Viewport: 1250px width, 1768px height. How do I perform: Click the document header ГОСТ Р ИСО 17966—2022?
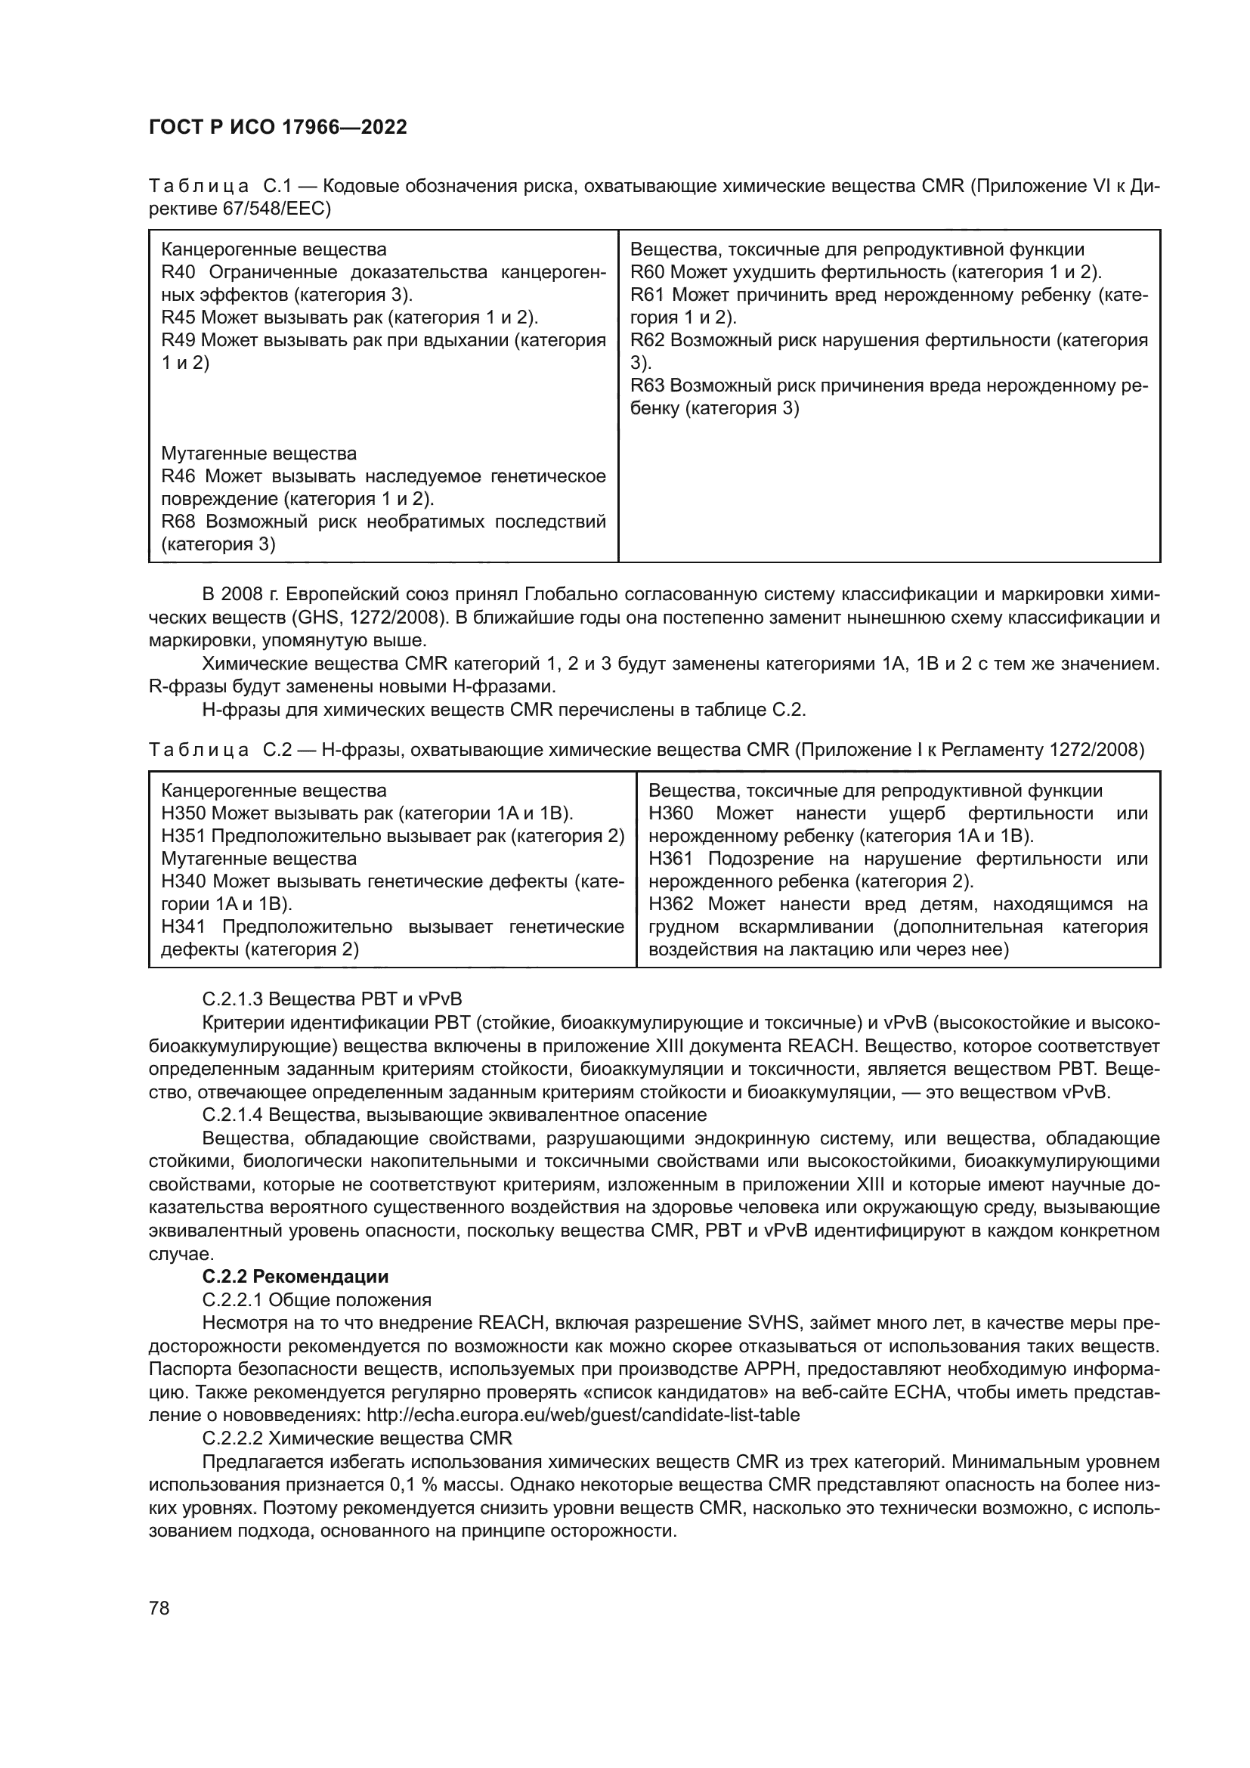(277, 128)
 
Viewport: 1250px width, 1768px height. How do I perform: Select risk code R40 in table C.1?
(178, 273)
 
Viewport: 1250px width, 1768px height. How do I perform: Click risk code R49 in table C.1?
(178, 340)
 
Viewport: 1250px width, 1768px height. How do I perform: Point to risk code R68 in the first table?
(178, 522)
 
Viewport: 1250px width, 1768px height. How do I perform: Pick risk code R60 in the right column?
(648, 273)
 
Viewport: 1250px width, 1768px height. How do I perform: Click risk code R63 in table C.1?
(648, 385)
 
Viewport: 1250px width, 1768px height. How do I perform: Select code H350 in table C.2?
(184, 814)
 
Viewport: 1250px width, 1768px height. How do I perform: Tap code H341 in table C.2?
(184, 927)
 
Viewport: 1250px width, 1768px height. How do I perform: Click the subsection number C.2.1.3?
(232, 999)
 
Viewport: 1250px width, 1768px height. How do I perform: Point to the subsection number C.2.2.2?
(232, 1438)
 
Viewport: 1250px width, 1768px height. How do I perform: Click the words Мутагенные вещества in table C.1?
(258, 454)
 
